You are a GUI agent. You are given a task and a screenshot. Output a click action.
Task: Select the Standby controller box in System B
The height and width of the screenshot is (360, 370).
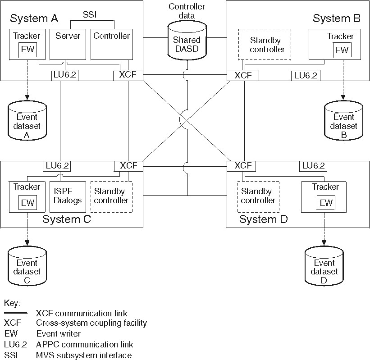point(264,45)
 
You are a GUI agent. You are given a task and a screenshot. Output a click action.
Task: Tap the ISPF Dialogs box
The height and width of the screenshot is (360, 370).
point(66,196)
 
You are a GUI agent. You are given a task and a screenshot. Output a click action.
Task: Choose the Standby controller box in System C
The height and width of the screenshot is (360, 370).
point(112,196)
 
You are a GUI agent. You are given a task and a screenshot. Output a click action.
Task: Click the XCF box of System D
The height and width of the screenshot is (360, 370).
point(243,166)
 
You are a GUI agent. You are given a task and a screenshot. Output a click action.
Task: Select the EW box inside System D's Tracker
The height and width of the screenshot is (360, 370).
point(326,203)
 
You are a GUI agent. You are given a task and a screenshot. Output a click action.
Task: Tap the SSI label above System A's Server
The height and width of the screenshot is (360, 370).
point(89,14)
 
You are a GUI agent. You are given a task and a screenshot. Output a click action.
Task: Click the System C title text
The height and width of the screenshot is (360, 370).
point(67,219)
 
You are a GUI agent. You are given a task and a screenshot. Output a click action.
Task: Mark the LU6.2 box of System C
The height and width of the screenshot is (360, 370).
point(57,166)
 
